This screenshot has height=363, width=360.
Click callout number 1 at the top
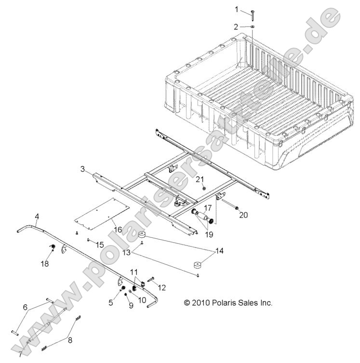[237, 9]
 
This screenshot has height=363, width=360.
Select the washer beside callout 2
[253, 27]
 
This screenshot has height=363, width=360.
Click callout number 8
[71, 339]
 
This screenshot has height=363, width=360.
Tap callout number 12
[161, 287]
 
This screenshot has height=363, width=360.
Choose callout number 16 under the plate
[116, 222]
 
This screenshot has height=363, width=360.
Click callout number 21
[200, 179]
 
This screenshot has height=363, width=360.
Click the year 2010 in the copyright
[200, 303]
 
